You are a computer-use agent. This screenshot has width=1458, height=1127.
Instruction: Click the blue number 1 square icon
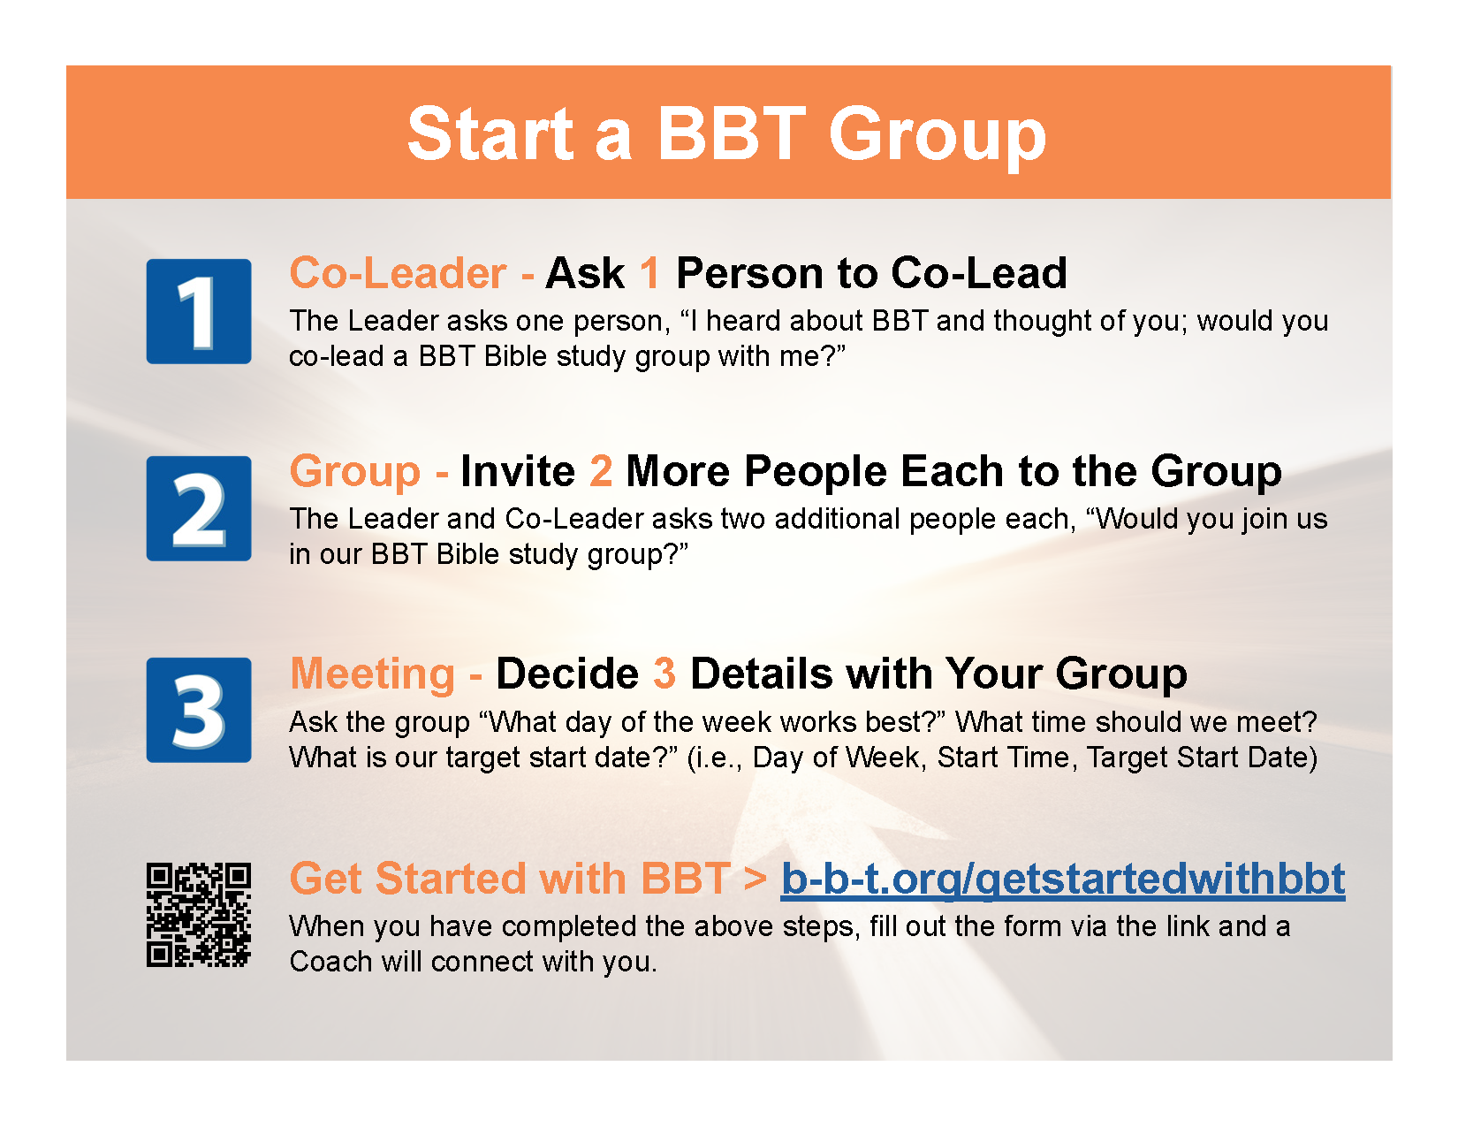pyautogui.click(x=199, y=311)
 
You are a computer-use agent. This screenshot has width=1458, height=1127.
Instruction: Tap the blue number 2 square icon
pyautogui.click(x=199, y=508)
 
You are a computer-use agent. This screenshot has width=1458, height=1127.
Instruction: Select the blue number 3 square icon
pyautogui.click(x=199, y=710)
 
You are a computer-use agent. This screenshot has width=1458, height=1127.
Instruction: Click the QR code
pyautogui.click(x=199, y=914)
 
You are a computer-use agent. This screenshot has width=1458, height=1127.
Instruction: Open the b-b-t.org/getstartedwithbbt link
pyautogui.click(x=1063, y=879)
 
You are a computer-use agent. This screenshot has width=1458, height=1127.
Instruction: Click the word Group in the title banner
pyautogui.click(x=938, y=137)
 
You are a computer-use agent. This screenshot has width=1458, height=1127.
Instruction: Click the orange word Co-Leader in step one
pyautogui.click(x=398, y=273)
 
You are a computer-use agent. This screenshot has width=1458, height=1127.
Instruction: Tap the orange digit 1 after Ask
pyautogui.click(x=649, y=273)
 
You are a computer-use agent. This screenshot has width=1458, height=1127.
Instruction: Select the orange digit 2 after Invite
pyautogui.click(x=601, y=471)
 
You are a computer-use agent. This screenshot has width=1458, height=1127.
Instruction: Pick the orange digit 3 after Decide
pyautogui.click(x=664, y=674)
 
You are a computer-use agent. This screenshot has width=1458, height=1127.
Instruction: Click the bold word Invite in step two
pyautogui.click(x=518, y=471)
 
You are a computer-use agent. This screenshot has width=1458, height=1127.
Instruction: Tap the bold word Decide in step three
pyautogui.click(x=567, y=674)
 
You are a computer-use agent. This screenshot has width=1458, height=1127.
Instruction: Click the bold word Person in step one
pyautogui.click(x=749, y=273)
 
